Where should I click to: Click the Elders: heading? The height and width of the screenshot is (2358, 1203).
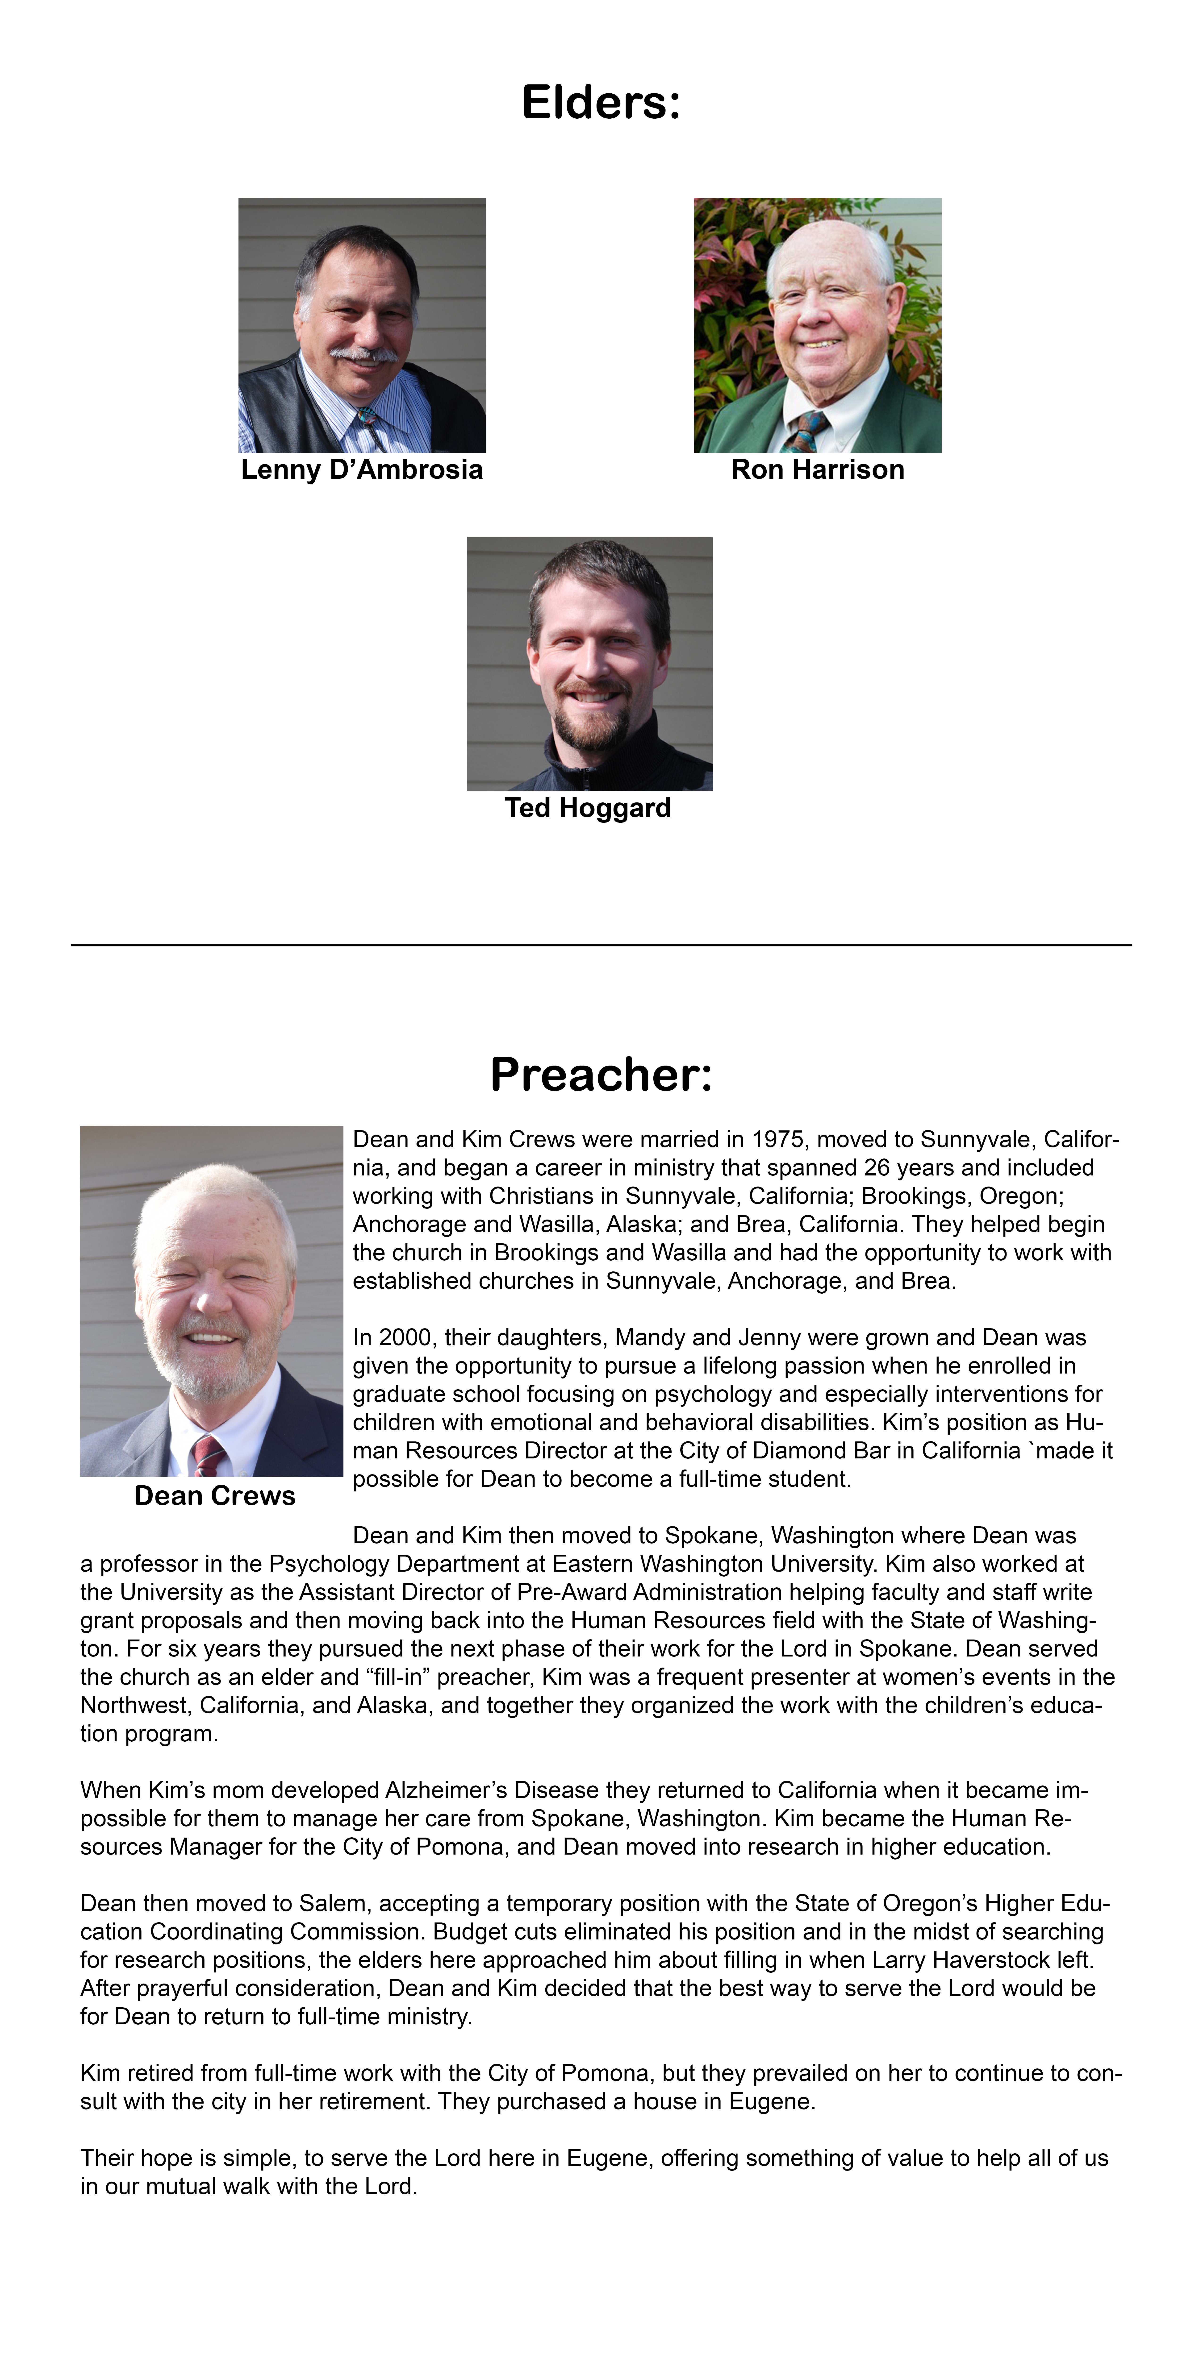click(601, 103)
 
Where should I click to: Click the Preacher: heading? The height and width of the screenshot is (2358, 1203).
click(601, 1075)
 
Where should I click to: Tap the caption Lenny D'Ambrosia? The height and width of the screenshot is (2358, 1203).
click(362, 469)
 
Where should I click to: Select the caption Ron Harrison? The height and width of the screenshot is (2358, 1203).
click(818, 469)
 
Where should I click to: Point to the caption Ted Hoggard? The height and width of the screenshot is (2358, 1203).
click(588, 808)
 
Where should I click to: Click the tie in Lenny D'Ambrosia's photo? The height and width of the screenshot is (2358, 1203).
click(371, 428)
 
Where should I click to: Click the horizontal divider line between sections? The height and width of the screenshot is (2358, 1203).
click(601, 945)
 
